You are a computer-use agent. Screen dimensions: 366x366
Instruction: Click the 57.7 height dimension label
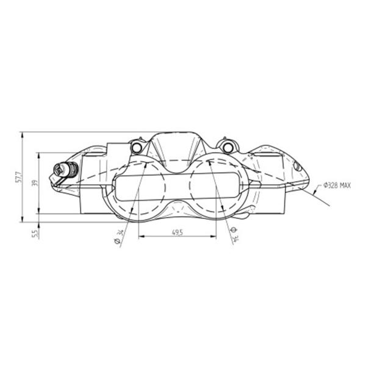(x=18, y=178)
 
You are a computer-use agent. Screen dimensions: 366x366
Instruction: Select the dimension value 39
(x=35, y=183)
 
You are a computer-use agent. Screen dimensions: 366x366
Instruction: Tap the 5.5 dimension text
(x=35, y=234)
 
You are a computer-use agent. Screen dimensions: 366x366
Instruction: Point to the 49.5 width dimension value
(x=178, y=232)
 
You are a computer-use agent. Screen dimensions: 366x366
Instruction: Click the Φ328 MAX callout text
(x=337, y=185)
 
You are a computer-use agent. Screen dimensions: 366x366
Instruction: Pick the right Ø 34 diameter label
(x=234, y=234)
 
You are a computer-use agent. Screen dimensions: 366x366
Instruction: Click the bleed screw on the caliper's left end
(x=66, y=168)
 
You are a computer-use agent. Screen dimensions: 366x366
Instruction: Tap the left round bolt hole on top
(x=136, y=147)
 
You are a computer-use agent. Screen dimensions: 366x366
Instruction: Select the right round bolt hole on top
(x=228, y=147)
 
